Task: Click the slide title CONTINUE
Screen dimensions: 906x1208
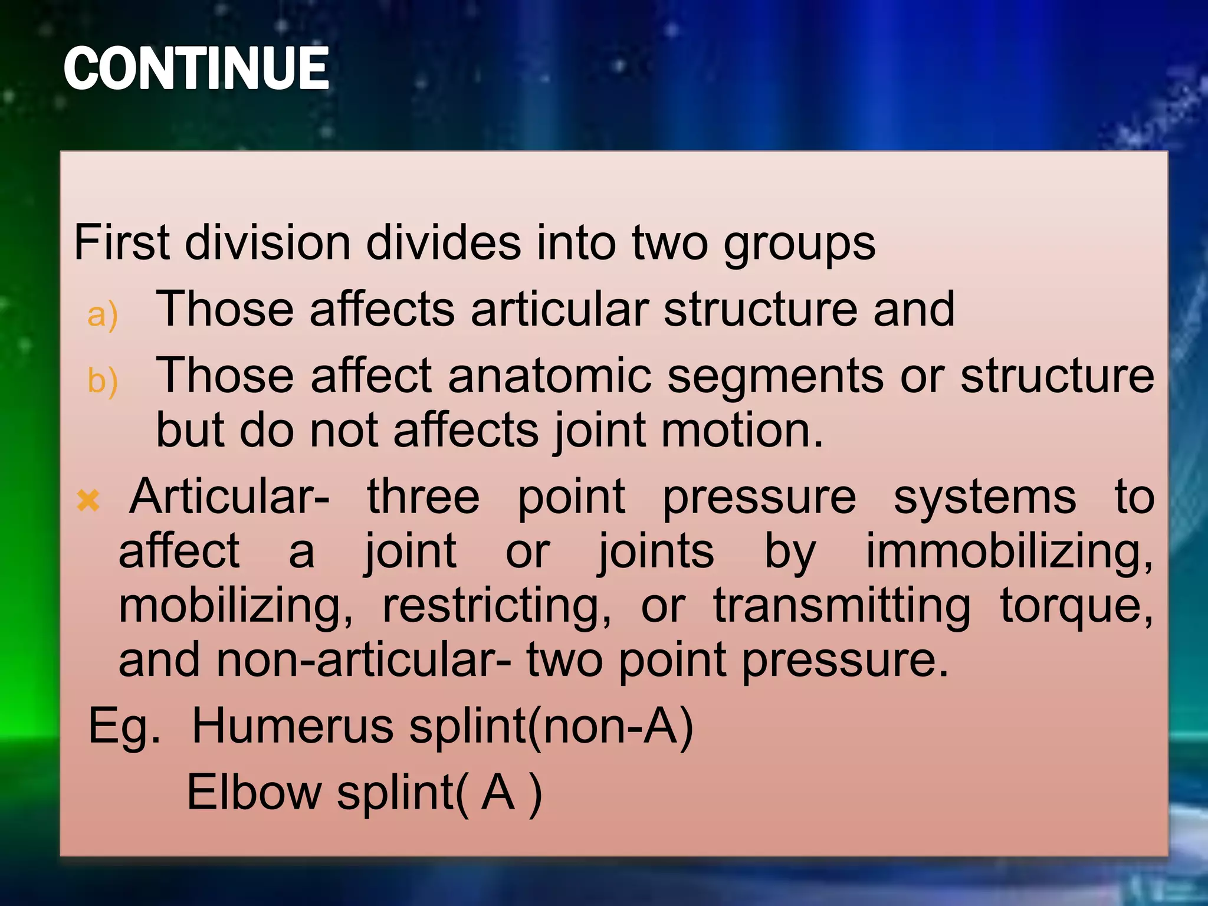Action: point(196,69)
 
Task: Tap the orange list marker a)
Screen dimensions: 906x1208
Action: point(102,314)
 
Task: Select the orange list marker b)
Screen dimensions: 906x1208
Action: point(102,380)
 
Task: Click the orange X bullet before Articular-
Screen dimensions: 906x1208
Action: point(88,501)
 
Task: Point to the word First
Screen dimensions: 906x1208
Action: point(122,242)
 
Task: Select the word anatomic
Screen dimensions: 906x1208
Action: point(550,376)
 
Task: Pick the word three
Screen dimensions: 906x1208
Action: point(423,497)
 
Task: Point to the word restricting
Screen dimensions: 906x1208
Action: point(497,607)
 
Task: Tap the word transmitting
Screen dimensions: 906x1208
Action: point(842,607)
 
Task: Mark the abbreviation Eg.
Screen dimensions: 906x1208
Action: point(124,727)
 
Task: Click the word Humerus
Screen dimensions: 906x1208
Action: point(293,726)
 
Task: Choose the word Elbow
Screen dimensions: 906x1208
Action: point(254,792)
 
